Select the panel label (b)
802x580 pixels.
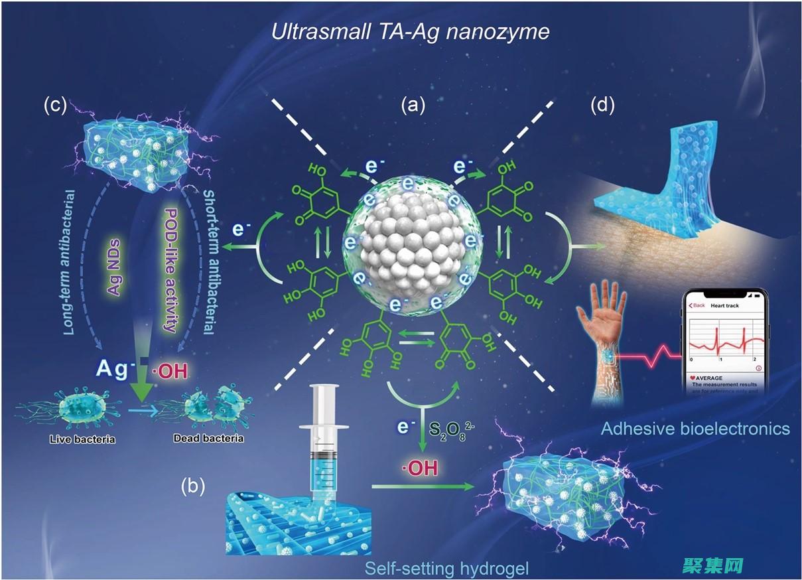(x=192, y=486)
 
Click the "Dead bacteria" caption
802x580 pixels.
(x=198, y=439)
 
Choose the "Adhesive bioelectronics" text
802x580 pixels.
(x=695, y=428)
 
